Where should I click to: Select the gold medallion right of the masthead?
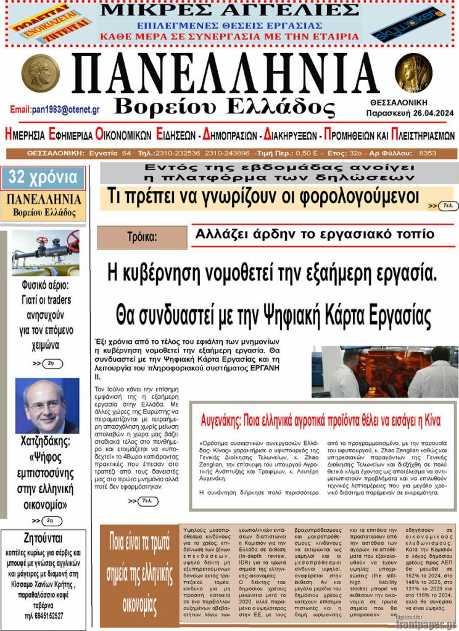click(413, 72)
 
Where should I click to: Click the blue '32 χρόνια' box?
click(43, 178)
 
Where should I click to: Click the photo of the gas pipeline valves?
click(46, 253)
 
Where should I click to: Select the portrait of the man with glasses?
click(47, 405)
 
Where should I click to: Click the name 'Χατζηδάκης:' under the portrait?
click(46, 441)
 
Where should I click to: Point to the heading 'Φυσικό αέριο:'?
click(46, 285)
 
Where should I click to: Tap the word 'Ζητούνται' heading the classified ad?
click(44, 536)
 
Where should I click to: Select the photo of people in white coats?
click(384, 372)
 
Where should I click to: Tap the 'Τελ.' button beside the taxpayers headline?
click(448, 205)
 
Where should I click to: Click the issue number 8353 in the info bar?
click(427, 153)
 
